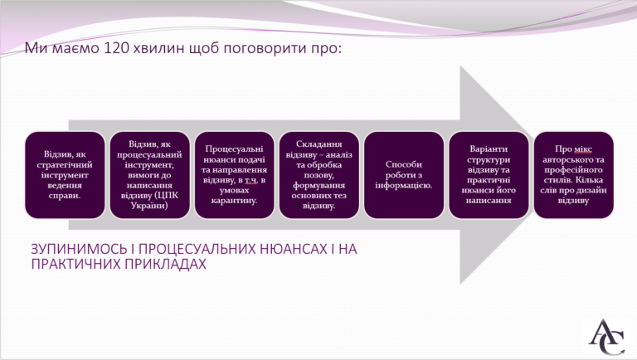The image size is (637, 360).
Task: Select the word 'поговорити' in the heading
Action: click(265, 49)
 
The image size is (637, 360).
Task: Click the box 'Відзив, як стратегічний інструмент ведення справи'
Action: click(65, 175)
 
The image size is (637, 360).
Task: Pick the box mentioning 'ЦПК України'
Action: click(149, 175)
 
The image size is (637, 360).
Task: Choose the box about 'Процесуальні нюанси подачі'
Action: click(235, 175)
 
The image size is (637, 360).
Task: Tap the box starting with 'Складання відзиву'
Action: click(319, 175)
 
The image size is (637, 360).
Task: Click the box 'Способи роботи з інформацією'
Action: click(404, 175)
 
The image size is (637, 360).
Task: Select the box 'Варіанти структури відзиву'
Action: click(489, 175)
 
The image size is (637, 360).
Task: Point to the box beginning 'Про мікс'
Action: click(574, 175)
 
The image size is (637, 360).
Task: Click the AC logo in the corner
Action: click(607, 337)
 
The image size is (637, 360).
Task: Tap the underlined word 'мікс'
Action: click(583, 149)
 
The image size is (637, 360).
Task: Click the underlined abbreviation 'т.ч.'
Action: click(251, 180)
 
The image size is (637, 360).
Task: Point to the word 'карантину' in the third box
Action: click(234, 201)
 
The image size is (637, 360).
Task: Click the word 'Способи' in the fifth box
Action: click(404, 164)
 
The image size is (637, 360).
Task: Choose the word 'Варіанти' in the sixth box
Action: click(489, 149)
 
